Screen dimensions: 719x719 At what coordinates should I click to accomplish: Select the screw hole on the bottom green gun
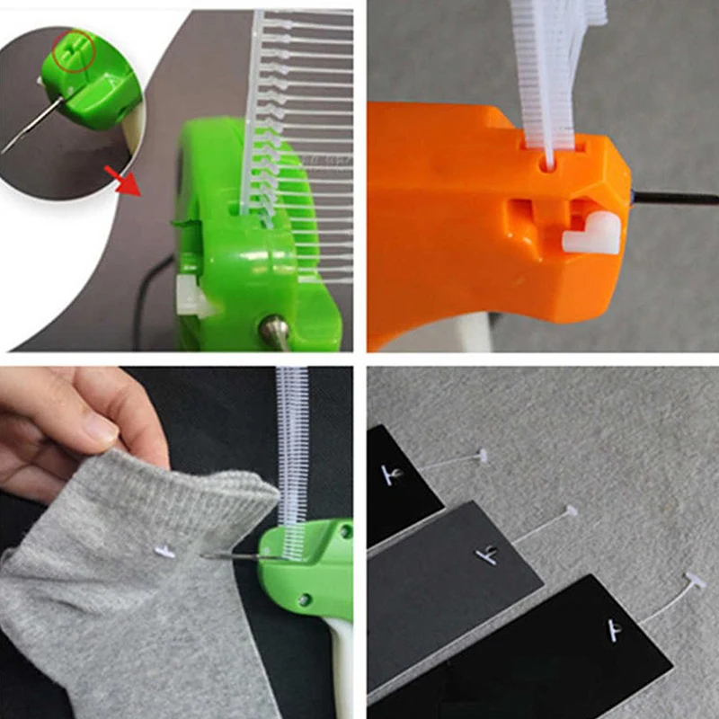[x=305, y=599]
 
